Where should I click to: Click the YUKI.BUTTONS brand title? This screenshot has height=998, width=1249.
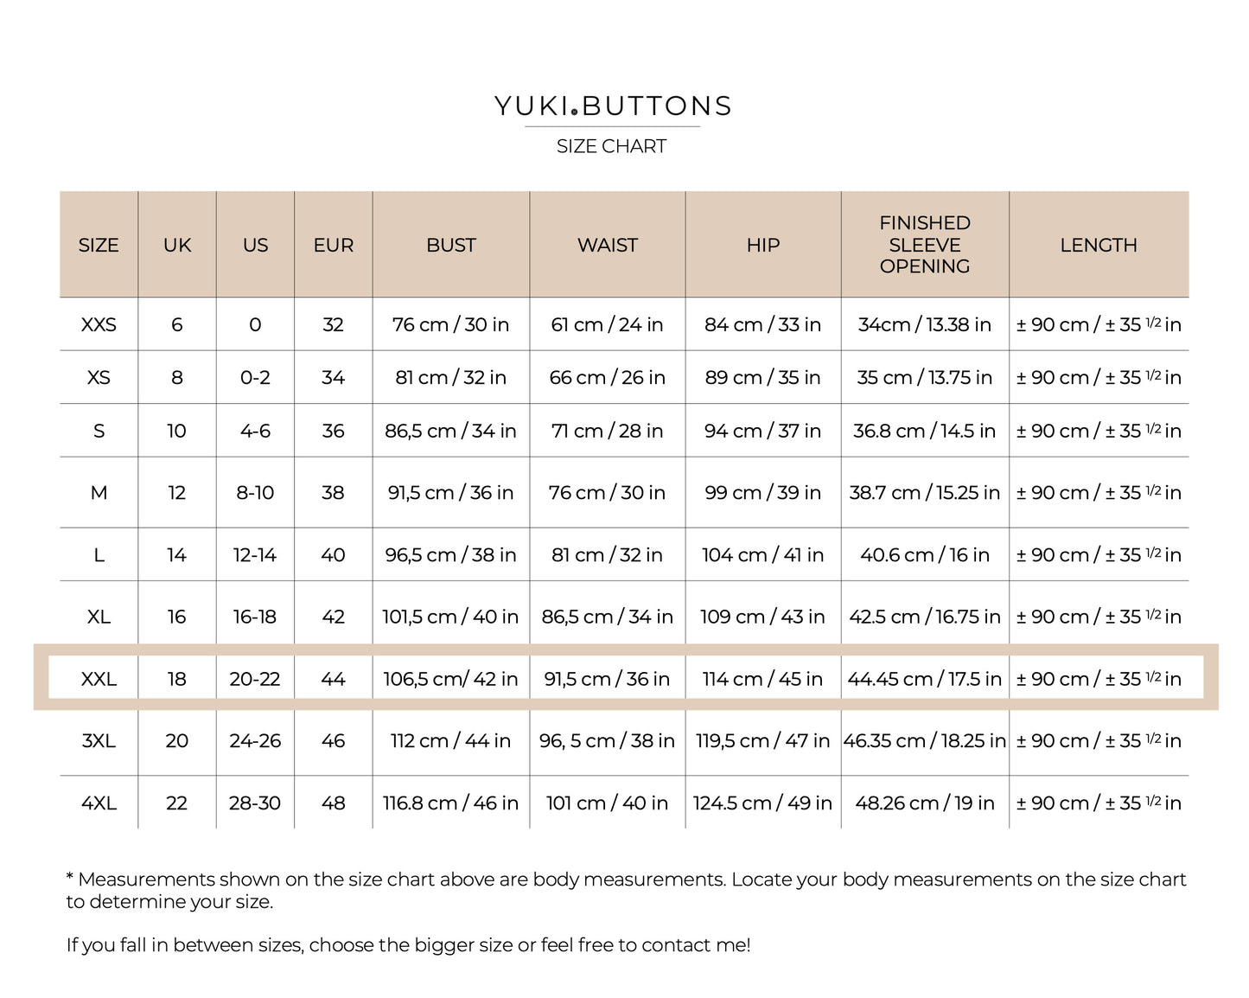(x=613, y=106)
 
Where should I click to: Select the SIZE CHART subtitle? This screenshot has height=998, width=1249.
(x=611, y=146)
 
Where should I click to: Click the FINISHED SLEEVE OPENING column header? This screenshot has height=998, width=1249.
(x=924, y=245)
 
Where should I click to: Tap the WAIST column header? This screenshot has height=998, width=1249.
(x=607, y=245)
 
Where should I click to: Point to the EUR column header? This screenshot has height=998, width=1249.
(x=333, y=245)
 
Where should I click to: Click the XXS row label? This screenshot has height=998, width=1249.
(x=99, y=324)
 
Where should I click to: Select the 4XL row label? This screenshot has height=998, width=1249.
(x=99, y=803)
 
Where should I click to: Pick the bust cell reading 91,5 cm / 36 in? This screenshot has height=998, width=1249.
(x=450, y=492)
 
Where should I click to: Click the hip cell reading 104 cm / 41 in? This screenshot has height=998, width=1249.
(x=762, y=554)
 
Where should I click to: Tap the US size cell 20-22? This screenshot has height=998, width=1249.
(x=255, y=679)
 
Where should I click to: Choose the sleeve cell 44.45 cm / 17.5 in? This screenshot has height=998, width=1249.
(x=924, y=679)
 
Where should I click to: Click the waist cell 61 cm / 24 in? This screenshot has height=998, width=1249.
(x=607, y=324)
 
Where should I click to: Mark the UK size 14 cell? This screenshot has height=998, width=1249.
(x=176, y=554)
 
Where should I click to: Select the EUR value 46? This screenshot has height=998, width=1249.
(x=333, y=740)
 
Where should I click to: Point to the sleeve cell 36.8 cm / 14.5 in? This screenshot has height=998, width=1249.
(x=924, y=431)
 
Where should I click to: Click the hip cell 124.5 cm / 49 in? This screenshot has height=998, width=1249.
(x=762, y=803)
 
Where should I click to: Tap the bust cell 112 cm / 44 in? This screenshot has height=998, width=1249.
(x=450, y=740)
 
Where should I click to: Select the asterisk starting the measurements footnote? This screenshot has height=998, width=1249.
(x=70, y=876)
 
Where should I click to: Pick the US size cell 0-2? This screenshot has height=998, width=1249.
(x=255, y=377)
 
